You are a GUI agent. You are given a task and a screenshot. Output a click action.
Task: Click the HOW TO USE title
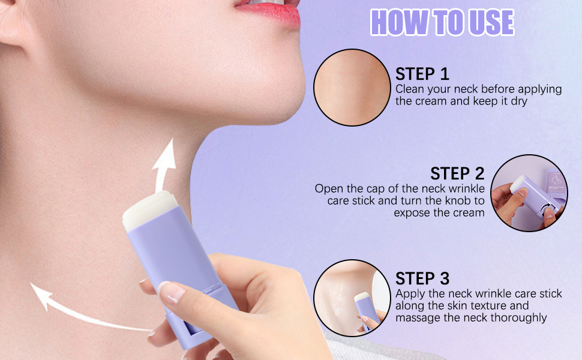[x=442, y=22]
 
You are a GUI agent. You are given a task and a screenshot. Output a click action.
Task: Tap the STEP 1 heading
[x=422, y=74]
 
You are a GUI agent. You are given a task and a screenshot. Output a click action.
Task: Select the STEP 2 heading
[x=457, y=173]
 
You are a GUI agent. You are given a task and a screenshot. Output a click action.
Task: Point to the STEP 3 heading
[x=422, y=278]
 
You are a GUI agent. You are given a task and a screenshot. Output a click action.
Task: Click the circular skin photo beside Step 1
[x=352, y=88]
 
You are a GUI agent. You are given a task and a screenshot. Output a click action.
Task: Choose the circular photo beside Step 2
[x=529, y=192]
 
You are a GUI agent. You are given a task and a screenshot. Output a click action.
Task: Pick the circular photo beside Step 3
[x=352, y=298]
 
